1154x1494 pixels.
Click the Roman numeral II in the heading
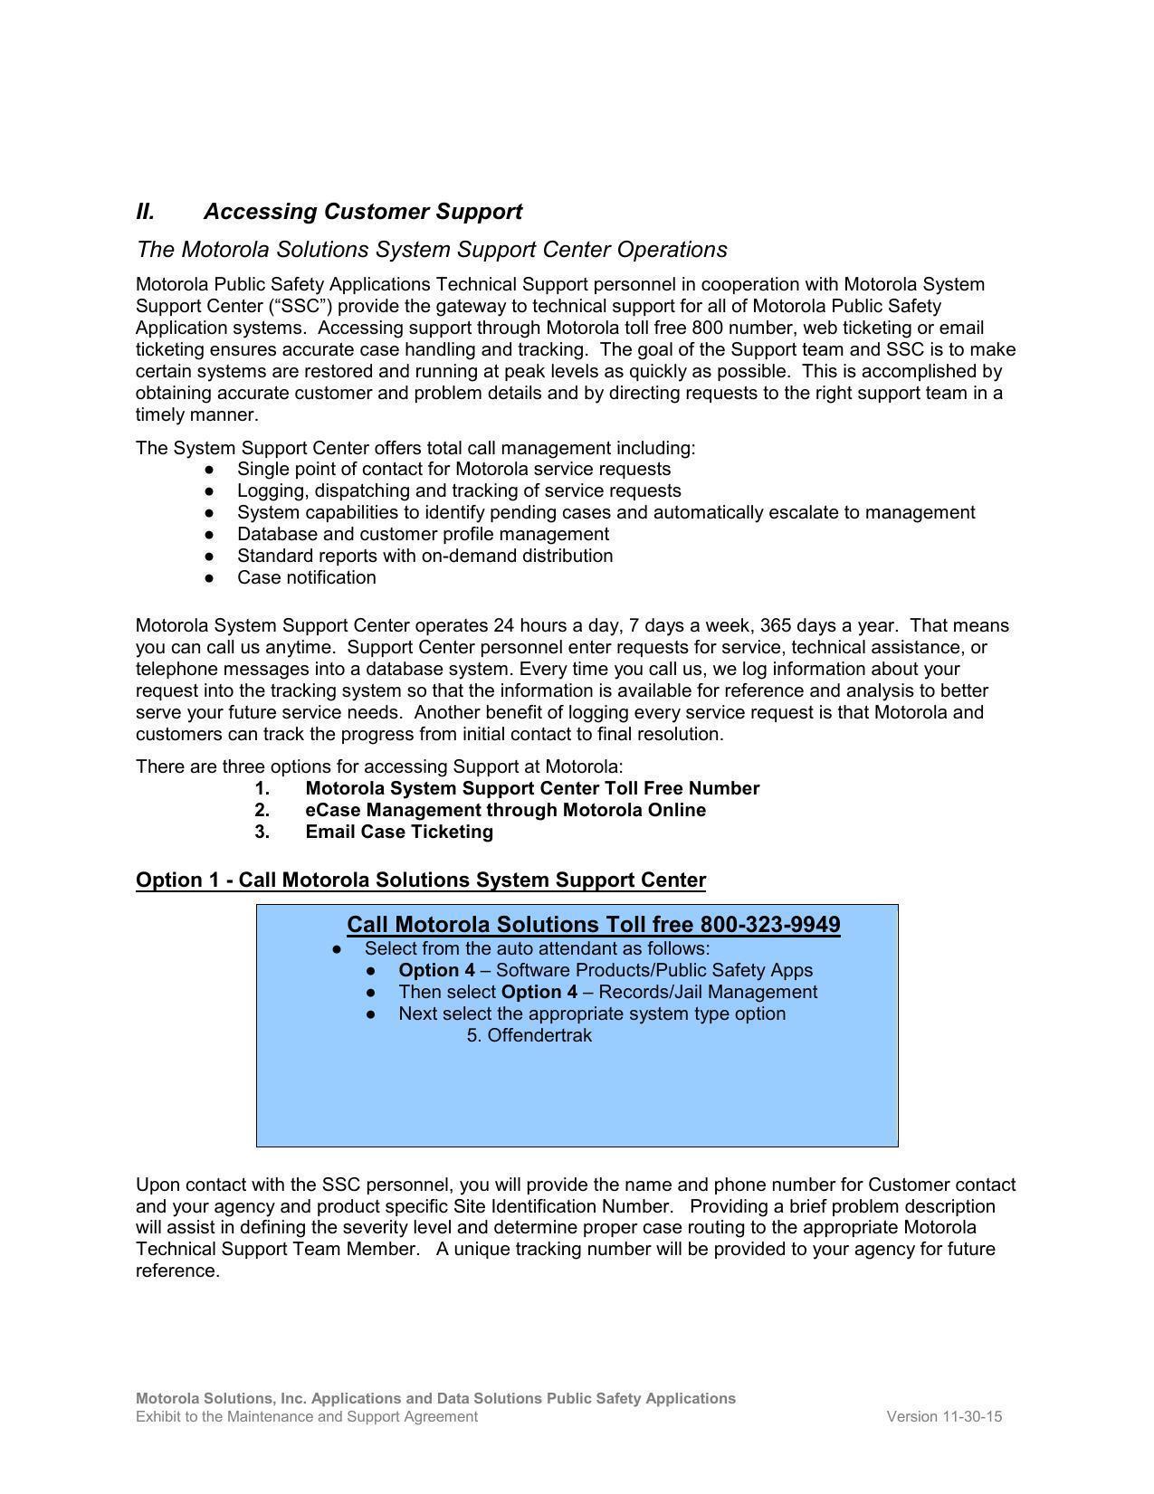coord(145,212)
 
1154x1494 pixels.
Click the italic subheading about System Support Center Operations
coord(431,250)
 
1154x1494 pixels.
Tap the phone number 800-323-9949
coord(769,925)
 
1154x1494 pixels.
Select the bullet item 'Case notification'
coord(306,578)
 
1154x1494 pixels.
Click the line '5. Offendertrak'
coord(529,1035)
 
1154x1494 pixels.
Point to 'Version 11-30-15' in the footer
coord(943,1417)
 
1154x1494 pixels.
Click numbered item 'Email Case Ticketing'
coord(398,833)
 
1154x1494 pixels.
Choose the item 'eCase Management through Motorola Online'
coord(505,811)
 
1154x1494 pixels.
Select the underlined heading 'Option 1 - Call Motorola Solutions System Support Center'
coord(420,880)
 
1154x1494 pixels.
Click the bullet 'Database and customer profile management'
coord(423,535)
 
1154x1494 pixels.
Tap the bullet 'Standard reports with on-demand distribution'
coord(424,557)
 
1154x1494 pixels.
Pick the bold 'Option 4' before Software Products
coord(436,971)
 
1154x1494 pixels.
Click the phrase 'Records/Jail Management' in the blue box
coord(708,993)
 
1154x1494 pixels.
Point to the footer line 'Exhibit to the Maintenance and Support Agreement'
coord(306,1417)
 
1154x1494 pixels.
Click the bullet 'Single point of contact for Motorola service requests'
coord(453,470)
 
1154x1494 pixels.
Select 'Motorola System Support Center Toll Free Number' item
coord(532,789)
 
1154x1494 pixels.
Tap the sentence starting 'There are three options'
coord(379,767)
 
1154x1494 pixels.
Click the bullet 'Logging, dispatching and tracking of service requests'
coord(459,491)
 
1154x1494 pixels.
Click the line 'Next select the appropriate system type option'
coord(592,1014)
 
